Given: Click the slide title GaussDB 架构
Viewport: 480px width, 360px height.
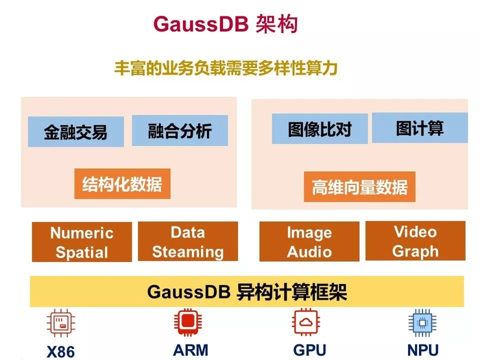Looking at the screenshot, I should click(x=226, y=24).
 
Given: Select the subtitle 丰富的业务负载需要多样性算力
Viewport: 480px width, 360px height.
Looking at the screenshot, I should click(x=226, y=69).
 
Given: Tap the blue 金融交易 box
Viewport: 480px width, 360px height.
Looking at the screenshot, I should click(x=75, y=132).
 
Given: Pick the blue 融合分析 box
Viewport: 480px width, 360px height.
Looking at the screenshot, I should click(x=180, y=130).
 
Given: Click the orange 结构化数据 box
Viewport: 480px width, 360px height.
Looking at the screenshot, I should click(x=122, y=184).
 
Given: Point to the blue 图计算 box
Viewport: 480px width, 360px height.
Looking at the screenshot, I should click(x=420, y=128).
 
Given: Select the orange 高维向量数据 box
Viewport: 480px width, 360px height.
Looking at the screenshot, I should click(x=359, y=186).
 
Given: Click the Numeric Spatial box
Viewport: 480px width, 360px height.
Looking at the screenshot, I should click(x=82, y=242).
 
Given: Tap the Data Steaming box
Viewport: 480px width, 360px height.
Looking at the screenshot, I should click(x=188, y=241).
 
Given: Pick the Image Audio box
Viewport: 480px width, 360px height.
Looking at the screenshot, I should click(x=309, y=241).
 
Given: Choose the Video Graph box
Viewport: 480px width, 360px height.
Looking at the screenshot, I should click(x=416, y=241).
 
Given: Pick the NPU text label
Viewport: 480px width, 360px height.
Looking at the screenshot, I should click(x=422, y=350).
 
